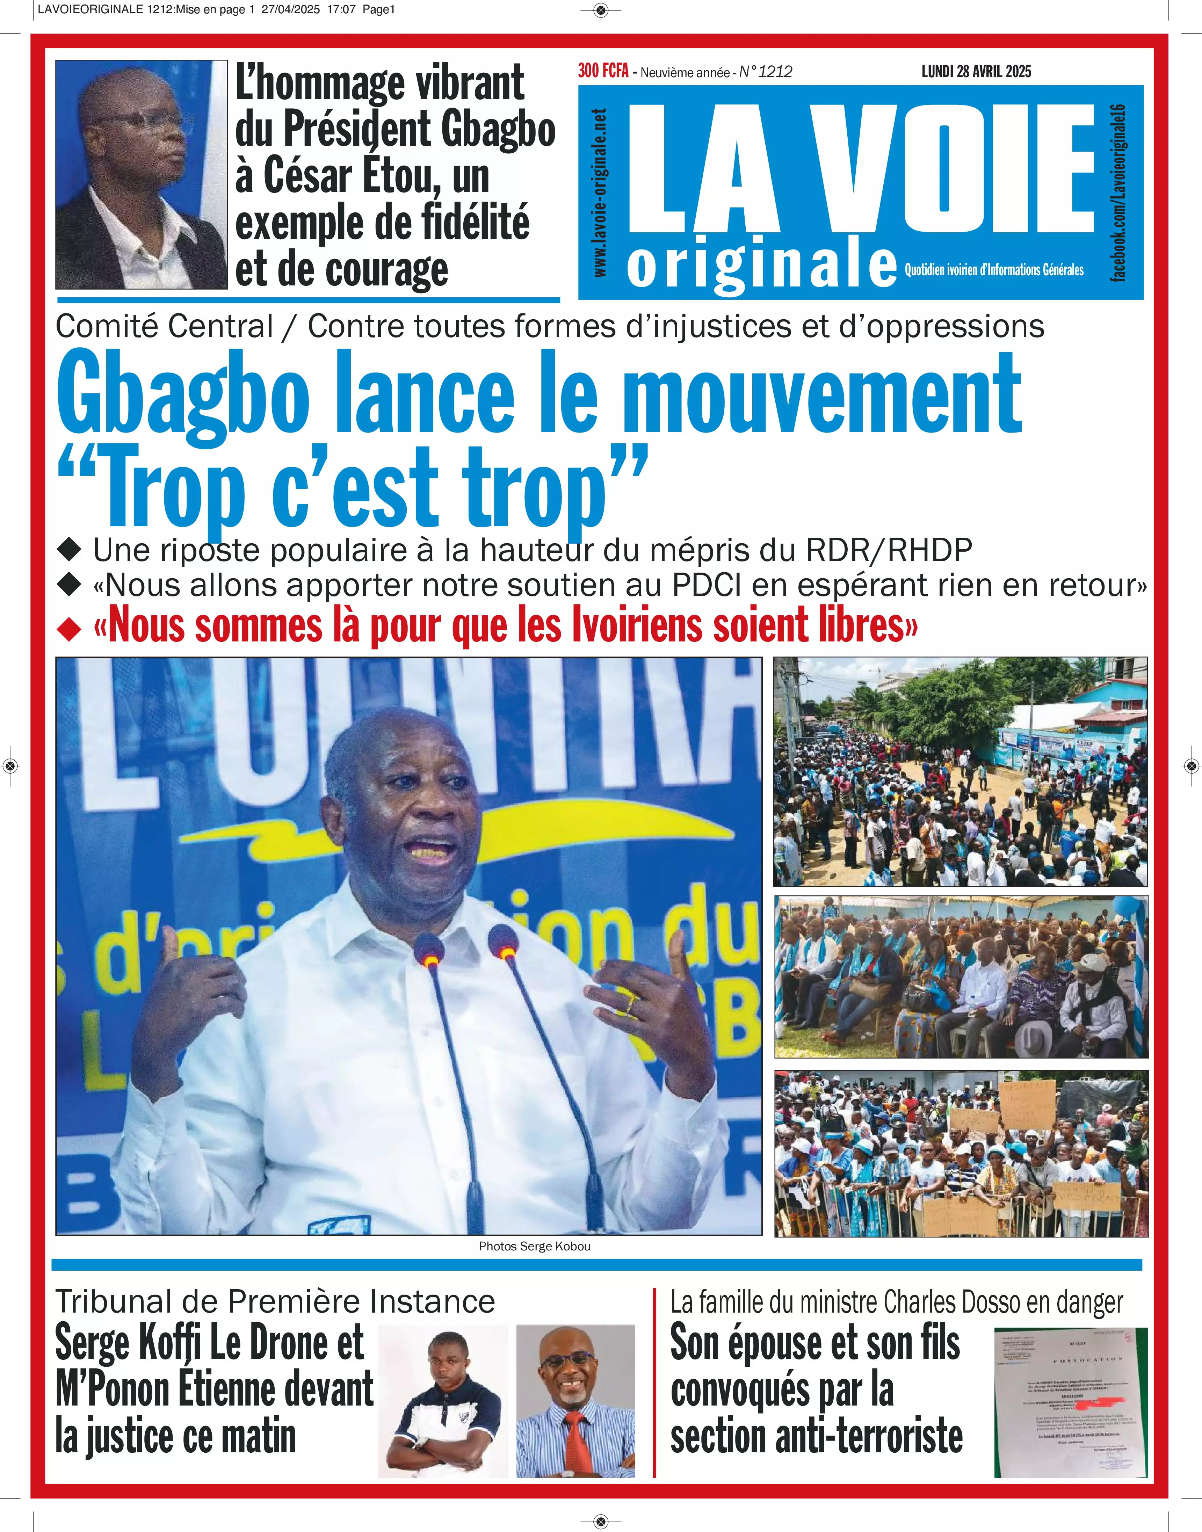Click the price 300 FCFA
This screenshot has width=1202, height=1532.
(603, 71)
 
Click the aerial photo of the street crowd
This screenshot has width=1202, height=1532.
(960, 771)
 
